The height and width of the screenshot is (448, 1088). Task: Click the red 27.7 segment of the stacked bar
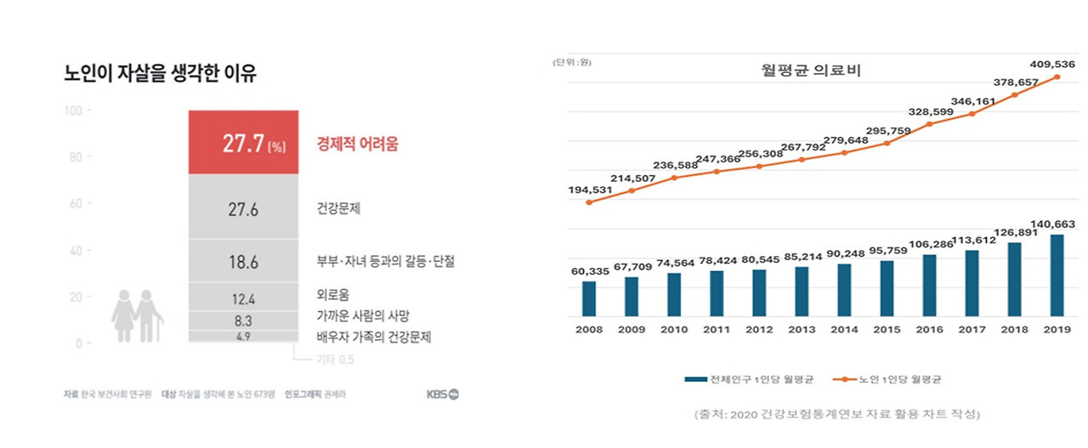(242, 143)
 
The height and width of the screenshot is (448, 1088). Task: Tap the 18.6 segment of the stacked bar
(242, 262)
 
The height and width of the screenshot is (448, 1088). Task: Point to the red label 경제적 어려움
(357, 145)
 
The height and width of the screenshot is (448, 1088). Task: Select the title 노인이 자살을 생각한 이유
(161, 74)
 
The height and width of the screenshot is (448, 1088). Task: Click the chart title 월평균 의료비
(812, 71)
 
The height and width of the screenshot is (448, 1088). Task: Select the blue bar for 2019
(1057, 274)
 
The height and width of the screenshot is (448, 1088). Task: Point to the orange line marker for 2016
(929, 124)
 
